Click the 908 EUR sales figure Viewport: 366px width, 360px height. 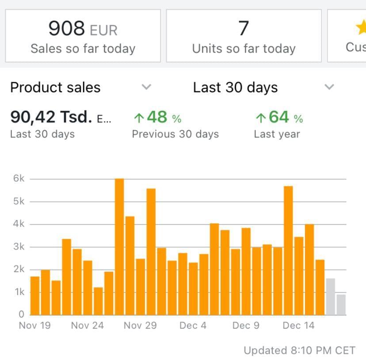tap(83, 29)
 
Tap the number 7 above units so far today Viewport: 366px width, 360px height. tap(244, 29)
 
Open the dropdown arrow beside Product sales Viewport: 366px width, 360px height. tap(146, 87)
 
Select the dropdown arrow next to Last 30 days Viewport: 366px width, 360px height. tap(329, 87)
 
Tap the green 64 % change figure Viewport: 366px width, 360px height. tap(280, 117)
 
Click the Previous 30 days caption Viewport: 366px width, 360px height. tap(175, 134)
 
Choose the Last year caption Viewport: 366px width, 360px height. tap(277, 134)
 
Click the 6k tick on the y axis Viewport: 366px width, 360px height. tap(19, 178)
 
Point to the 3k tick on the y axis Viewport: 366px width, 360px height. tap(19, 246)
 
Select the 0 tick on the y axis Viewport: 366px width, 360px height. tap(21, 315)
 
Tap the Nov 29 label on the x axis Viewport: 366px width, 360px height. tap(140, 326)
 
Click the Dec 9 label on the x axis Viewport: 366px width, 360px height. tap(246, 326)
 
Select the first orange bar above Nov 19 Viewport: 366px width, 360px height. tap(35, 296)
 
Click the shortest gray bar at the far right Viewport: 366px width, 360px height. tap(341, 305)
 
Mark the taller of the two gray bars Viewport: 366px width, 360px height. tap(330, 296)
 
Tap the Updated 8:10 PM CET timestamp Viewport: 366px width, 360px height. tap(299, 351)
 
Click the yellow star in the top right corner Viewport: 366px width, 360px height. tap(361, 28)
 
